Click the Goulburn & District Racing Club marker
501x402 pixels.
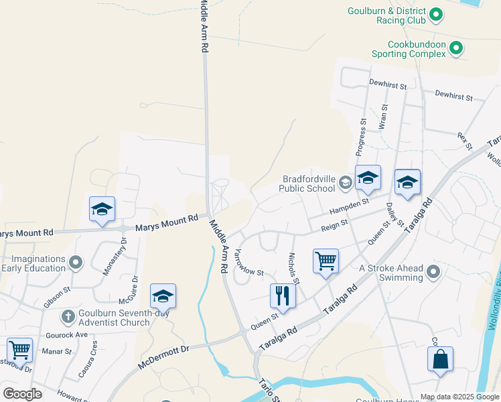436,13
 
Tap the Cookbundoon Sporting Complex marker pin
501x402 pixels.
456,48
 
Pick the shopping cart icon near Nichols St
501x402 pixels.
326,261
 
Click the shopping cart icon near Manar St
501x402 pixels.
19,350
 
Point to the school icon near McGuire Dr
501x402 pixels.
163,295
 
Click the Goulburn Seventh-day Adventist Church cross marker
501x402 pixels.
68,316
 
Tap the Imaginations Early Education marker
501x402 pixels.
76,262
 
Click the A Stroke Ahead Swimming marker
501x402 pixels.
433,272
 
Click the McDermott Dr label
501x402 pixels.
164,358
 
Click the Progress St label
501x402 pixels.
362,136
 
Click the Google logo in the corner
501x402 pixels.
22,394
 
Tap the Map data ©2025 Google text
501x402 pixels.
459,396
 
